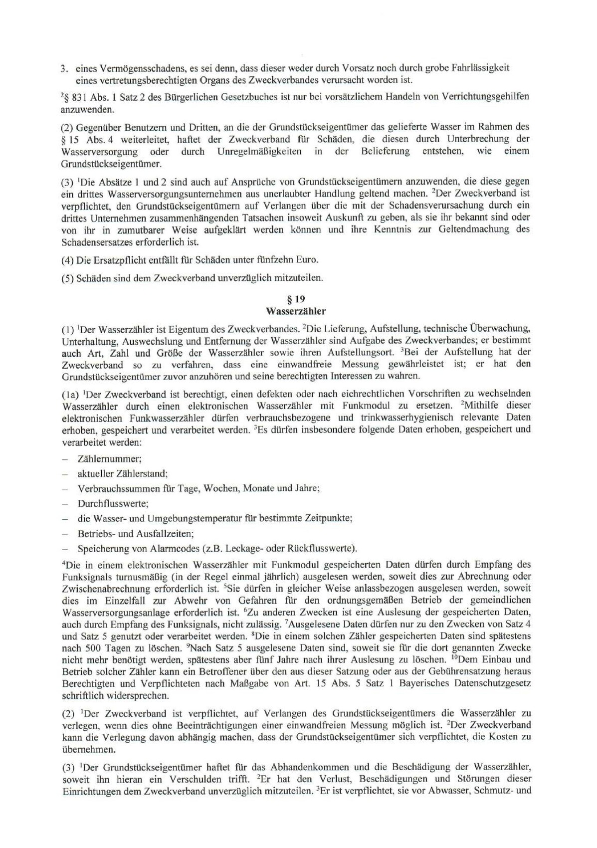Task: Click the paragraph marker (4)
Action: click(x=68, y=260)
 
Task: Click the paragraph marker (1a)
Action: click(x=70, y=394)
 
